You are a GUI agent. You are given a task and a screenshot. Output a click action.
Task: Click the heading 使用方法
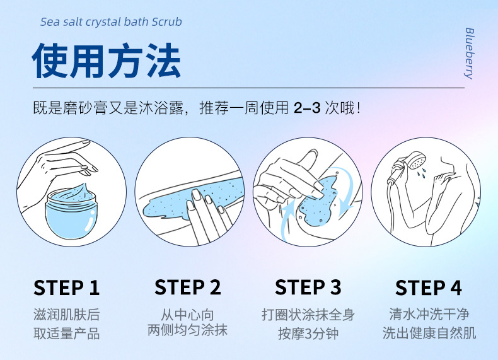[107, 61]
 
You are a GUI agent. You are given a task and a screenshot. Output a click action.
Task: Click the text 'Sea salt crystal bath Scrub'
[111, 22]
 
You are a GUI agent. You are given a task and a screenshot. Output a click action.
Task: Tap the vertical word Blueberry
[469, 53]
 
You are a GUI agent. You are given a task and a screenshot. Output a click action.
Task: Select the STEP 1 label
[67, 287]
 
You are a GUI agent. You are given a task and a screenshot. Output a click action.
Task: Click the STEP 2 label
[187, 287]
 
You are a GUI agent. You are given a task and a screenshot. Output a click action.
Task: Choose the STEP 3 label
[308, 287]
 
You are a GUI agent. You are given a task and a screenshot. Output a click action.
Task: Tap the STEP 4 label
[429, 287]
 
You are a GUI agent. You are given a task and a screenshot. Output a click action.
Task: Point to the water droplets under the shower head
[422, 173]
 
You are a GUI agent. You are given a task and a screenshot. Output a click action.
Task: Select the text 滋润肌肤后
[67, 315]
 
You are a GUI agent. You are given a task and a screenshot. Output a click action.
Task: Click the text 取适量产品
[67, 334]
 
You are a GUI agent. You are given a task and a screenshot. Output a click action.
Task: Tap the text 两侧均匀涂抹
[187, 330]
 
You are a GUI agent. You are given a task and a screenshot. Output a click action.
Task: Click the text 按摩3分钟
[308, 334]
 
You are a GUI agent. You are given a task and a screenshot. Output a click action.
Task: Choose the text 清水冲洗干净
[429, 314]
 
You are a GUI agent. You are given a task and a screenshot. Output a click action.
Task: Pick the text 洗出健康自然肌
[429, 334]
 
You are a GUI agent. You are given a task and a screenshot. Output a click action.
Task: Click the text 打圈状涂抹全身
[308, 315]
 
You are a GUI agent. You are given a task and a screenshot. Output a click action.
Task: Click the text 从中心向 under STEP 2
[187, 315]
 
